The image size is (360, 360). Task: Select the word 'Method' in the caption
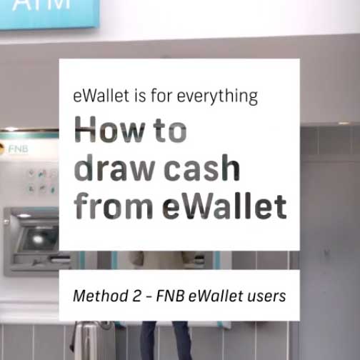pos(99,295)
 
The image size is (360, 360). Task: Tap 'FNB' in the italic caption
pos(171,295)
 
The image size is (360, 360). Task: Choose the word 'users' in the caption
pos(264,295)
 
